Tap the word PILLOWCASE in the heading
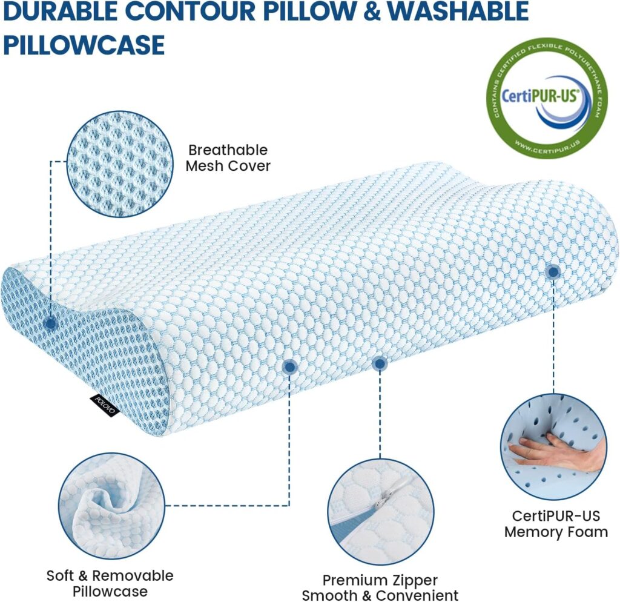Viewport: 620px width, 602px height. click(x=84, y=45)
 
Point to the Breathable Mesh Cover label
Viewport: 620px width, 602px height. click(x=228, y=157)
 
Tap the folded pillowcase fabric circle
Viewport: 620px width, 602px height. click(x=112, y=506)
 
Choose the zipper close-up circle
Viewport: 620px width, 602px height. click(x=381, y=512)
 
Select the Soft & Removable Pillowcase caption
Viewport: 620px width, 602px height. click(x=110, y=583)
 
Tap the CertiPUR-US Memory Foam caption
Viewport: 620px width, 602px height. click(x=556, y=524)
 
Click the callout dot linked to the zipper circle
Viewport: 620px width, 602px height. click(x=380, y=363)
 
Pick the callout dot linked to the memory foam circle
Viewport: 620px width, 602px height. click(x=552, y=272)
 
